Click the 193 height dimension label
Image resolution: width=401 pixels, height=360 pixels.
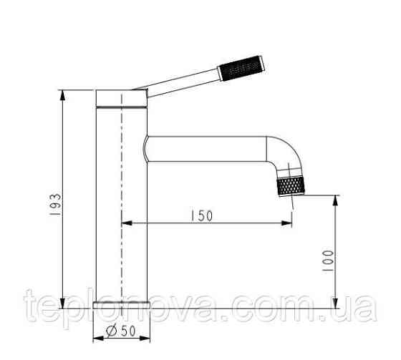[x=56, y=204]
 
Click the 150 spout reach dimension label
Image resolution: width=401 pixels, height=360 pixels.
[x=202, y=216]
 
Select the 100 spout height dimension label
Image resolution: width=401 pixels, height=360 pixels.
[x=328, y=261]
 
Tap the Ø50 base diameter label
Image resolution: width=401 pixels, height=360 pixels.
[x=121, y=331]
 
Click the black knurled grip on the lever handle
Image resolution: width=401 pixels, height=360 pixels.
[x=241, y=68]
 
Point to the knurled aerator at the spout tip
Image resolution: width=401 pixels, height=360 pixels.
[x=291, y=186]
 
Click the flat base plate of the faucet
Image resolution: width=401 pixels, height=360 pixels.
[x=122, y=305]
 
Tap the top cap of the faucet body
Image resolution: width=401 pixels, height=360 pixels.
[x=122, y=98]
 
